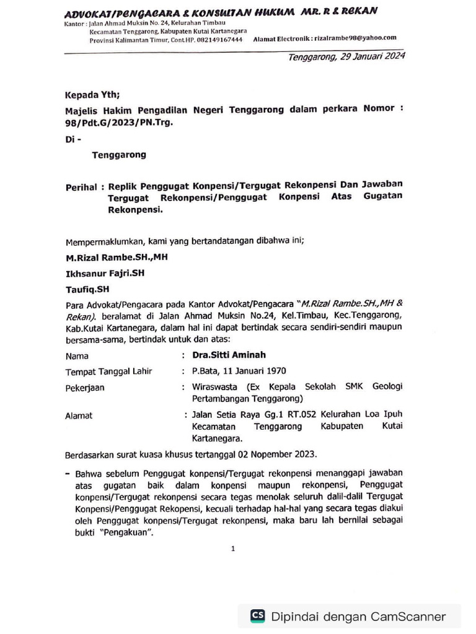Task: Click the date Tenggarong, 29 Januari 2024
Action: pos(346,57)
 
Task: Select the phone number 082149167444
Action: pos(222,39)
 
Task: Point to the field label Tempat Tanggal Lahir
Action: pos(109,371)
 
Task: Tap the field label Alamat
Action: pos(79,416)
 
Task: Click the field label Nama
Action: pos(77,356)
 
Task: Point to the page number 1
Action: pos(233,549)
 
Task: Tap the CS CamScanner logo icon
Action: pos(257,616)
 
